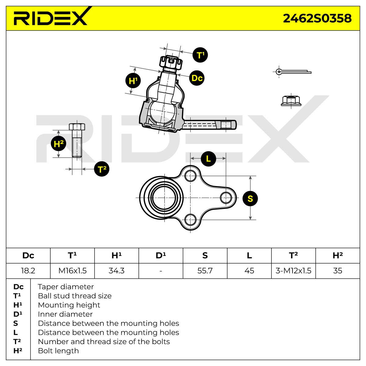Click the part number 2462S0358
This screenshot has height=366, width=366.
pos(317,18)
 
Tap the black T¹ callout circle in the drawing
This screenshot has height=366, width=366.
pos(200,55)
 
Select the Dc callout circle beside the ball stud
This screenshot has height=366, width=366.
pos(197,78)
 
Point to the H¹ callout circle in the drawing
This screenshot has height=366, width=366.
pos(133,81)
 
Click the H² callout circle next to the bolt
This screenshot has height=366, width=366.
pos(59,144)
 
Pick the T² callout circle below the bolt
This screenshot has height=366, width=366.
pos(102,169)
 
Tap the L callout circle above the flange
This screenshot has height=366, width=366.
pos(208,159)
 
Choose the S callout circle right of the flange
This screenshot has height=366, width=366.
pos(250,199)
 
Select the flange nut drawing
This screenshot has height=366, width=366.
pos(291,101)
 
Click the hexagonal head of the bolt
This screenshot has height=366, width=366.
pos(77,127)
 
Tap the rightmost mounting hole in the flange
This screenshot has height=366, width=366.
pos(226,198)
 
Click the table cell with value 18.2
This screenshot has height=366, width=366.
pos(28,271)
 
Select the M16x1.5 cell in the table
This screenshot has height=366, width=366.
pos(72,271)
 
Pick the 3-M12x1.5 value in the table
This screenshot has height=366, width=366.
pos(293,271)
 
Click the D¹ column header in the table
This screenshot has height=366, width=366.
pos(161,256)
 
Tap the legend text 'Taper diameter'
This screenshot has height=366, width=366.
pos(66,287)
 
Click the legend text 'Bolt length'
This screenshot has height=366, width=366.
pos(58,351)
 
